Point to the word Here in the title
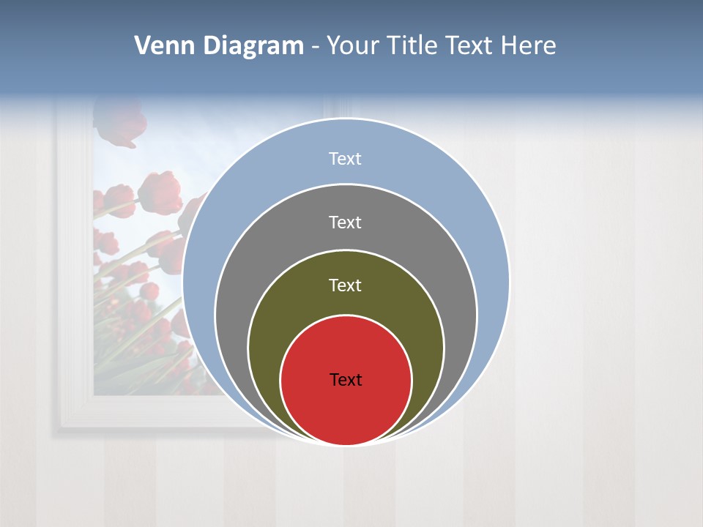tap(528, 46)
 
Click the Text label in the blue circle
tap(346, 159)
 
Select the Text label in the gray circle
tap(346, 222)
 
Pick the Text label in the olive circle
tap(346, 285)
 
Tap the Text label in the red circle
tap(346, 380)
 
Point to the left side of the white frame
tap(73, 256)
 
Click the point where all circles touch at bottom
tap(346, 444)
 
